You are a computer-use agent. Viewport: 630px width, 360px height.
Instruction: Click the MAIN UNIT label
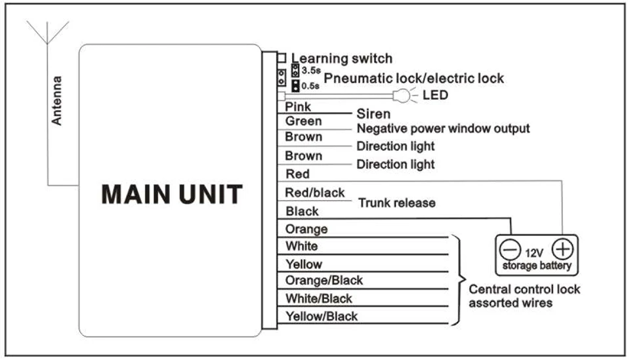click(x=172, y=194)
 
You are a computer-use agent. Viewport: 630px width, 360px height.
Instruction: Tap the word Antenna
click(x=56, y=101)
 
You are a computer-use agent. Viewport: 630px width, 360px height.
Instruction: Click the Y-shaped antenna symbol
click(x=47, y=32)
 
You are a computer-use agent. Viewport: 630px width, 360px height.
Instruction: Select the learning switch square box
click(x=282, y=58)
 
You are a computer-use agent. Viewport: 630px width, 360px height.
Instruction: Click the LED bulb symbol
click(x=402, y=96)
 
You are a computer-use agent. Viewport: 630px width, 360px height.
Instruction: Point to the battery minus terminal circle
click(x=510, y=250)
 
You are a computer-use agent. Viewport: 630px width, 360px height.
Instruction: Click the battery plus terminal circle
click(x=562, y=249)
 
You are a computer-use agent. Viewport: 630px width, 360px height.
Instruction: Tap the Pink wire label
click(x=298, y=107)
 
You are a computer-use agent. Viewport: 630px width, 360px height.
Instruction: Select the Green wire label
click(x=303, y=121)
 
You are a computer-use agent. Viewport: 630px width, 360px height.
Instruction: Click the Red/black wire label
click(x=314, y=193)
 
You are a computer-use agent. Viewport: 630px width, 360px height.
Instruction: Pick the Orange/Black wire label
click(x=324, y=280)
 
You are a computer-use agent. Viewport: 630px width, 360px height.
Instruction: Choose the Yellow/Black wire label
click(x=322, y=316)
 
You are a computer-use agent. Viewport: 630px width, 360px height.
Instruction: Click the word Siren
click(x=373, y=114)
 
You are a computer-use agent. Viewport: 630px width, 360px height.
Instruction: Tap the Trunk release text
click(x=396, y=203)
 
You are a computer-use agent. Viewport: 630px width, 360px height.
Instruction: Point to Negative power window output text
click(x=443, y=129)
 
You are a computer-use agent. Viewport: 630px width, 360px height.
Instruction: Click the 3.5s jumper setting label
click(x=311, y=71)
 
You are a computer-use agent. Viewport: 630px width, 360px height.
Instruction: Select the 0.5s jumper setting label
click(x=310, y=86)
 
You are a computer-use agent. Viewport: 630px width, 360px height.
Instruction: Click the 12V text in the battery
click(x=534, y=253)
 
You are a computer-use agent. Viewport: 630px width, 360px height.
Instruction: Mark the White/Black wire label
click(x=319, y=298)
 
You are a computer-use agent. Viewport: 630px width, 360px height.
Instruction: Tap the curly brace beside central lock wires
click(x=459, y=279)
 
